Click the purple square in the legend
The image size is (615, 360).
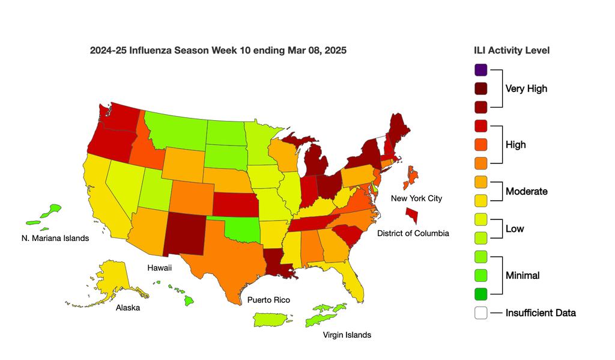(x=480, y=70)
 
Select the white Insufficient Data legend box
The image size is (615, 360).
(x=480, y=313)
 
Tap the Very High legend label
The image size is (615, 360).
(x=526, y=88)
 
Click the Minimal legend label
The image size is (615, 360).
(x=522, y=275)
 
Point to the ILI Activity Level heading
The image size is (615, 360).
(x=512, y=50)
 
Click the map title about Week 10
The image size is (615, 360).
(x=218, y=50)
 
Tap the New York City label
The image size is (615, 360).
(x=416, y=198)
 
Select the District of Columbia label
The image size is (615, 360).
(x=413, y=233)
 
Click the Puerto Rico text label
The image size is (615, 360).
(x=268, y=299)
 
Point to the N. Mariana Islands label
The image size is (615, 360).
(x=55, y=238)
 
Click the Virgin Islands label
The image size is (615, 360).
(x=347, y=335)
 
